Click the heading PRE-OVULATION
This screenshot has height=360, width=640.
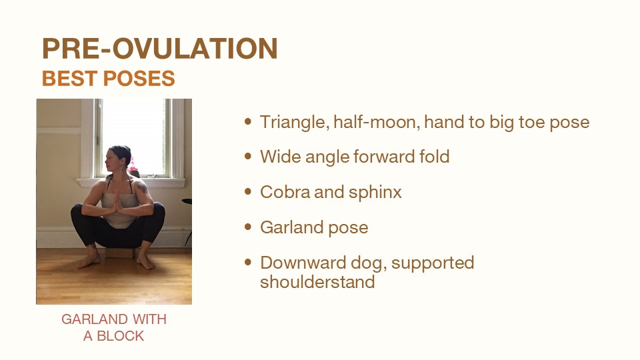(x=159, y=49)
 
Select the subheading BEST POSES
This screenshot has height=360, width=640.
(x=108, y=79)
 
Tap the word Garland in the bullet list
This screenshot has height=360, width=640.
(x=292, y=227)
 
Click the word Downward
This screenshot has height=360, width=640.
(x=303, y=263)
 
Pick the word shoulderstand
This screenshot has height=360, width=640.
(x=317, y=281)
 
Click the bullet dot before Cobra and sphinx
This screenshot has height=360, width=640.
(x=248, y=191)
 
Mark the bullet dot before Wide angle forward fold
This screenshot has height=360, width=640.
(x=248, y=156)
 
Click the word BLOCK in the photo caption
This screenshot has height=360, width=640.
(x=121, y=336)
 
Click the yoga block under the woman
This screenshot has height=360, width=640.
(x=120, y=253)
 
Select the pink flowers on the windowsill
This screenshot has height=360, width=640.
(x=133, y=166)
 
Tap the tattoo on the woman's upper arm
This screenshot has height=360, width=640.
(x=143, y=188)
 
